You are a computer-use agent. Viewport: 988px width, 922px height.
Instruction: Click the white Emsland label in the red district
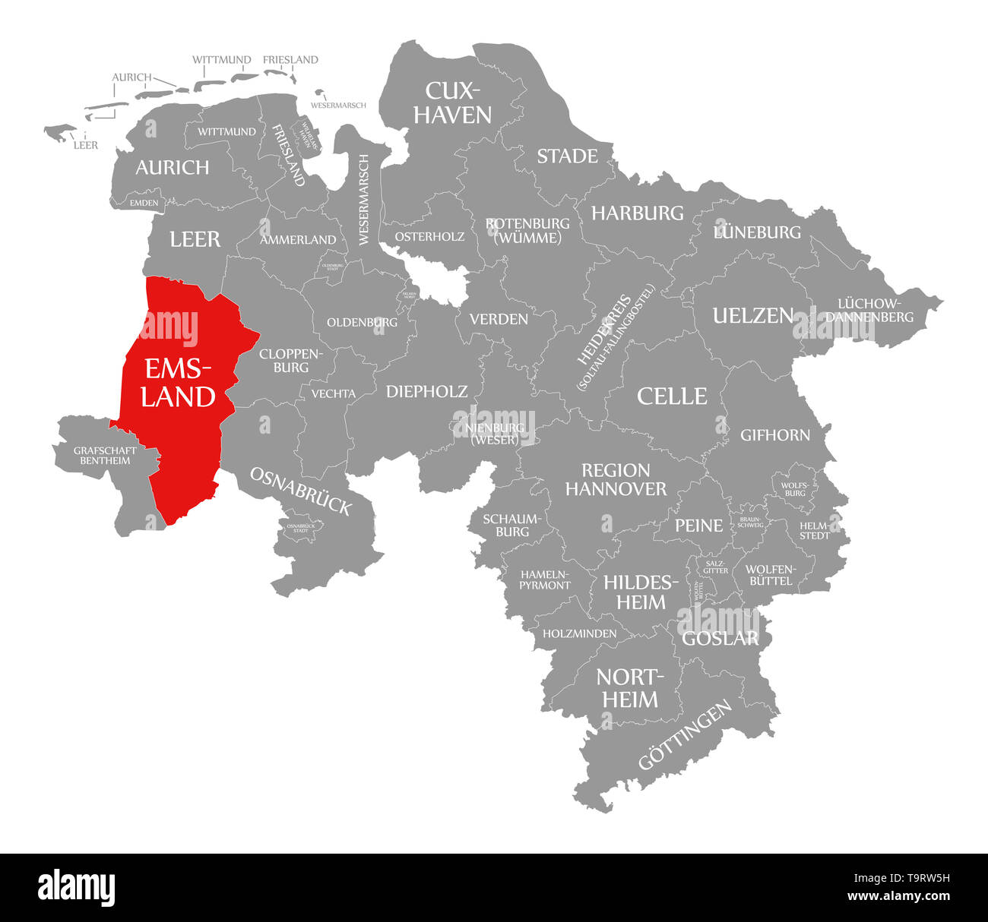pos(178,383)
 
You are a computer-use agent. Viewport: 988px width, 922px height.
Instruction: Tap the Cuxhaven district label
pos(458,103)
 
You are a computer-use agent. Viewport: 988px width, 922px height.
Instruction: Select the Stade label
pos(567,156)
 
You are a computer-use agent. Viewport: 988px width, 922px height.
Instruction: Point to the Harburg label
pos(638,213)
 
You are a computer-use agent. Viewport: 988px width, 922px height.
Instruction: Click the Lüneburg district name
pos(757,232)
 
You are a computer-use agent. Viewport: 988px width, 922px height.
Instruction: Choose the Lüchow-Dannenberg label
pos(870,310)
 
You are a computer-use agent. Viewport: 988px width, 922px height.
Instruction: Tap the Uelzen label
pos(752,316)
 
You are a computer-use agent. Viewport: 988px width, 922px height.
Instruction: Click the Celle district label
pos(672,396)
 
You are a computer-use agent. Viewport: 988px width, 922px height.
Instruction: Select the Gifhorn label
pos(775,435)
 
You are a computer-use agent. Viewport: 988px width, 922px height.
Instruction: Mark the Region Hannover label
pos(616,479)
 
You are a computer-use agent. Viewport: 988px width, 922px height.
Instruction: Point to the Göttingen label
pos(685,734)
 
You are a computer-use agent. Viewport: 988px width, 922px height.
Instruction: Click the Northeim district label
pos(630,688)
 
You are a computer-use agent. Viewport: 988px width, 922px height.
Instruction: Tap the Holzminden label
pos(579,633)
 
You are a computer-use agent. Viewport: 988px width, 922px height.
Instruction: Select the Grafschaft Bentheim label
pos(105,456)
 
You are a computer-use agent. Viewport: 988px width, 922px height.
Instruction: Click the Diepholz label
pos(426,392)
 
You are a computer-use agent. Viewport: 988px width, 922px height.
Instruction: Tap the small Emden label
pos(144,203)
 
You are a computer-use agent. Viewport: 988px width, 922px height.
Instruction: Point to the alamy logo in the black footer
pos(77,887)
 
